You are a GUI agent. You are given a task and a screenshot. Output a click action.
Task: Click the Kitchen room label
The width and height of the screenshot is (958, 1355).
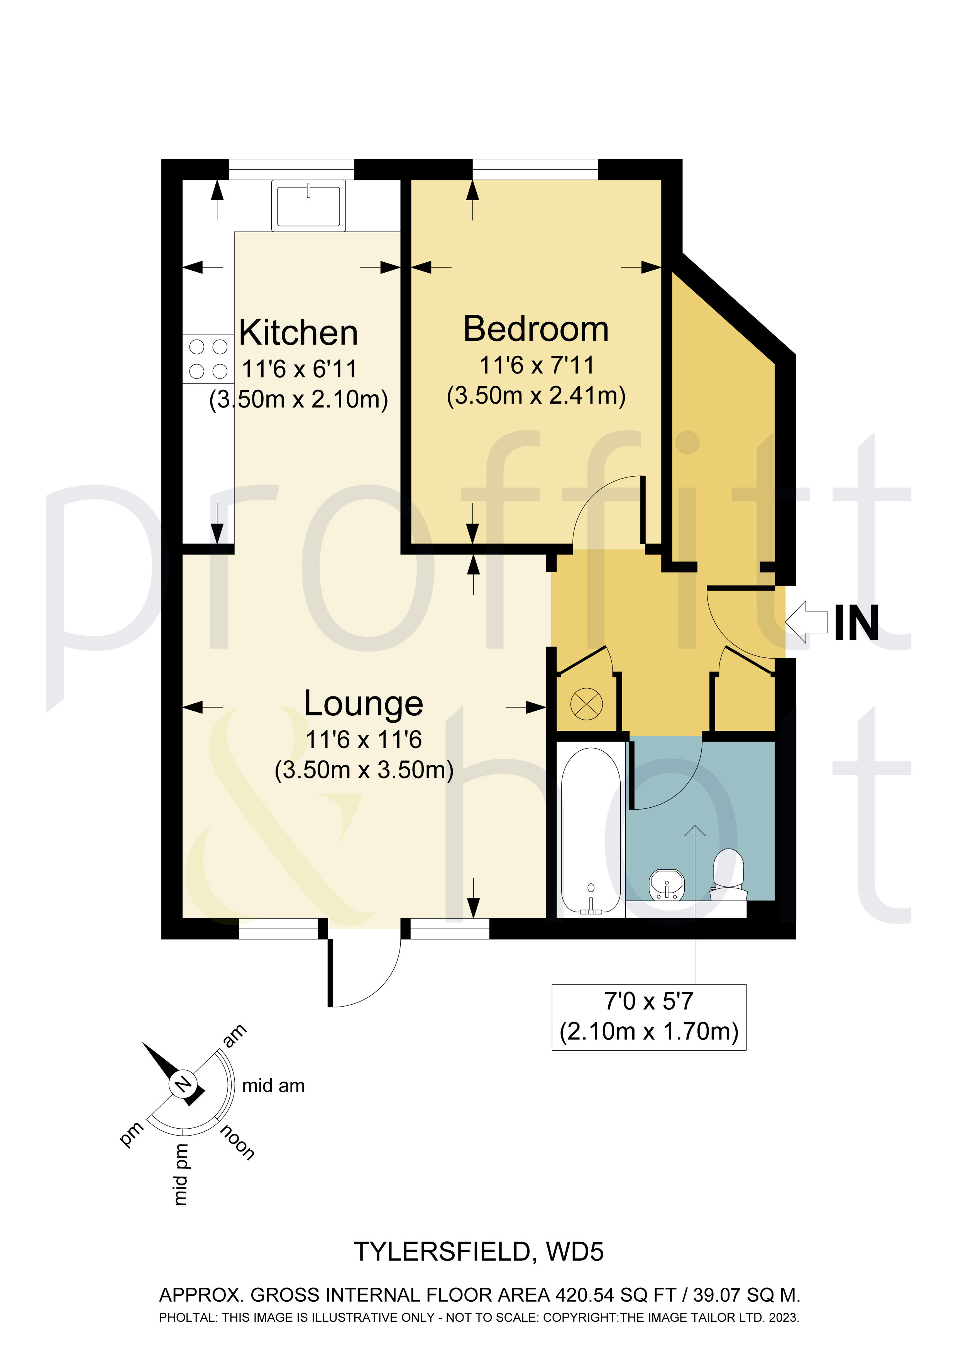pyautogui.click(x=298, y=333)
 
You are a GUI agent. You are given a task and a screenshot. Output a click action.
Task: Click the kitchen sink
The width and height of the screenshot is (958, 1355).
pyautogui.click(x=308, y=206)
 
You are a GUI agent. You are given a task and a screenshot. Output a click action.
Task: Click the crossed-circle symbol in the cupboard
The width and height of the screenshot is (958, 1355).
pyautogui.click(x=586, y=704)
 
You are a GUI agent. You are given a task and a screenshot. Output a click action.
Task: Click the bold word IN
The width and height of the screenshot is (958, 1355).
pyautogui.click(x=856, y=624)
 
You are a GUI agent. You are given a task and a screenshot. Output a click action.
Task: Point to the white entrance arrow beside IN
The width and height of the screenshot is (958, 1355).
pyautogui.click(x=806, y=622)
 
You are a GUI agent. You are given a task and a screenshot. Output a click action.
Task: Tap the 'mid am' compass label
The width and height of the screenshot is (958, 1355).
pyautogui.click(x=273, y=1086)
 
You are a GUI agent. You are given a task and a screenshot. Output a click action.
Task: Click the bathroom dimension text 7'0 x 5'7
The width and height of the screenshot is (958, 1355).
pyautogui.click(x=649, y=1002)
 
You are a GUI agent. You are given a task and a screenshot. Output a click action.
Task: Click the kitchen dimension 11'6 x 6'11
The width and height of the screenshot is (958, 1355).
pyautogui.click(x=300, y=369)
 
